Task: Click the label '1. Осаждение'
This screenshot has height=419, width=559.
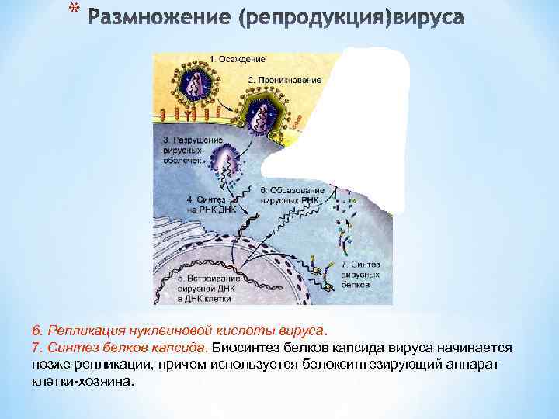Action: [238, 60]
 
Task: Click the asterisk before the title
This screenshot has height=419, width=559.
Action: [74, 9]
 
